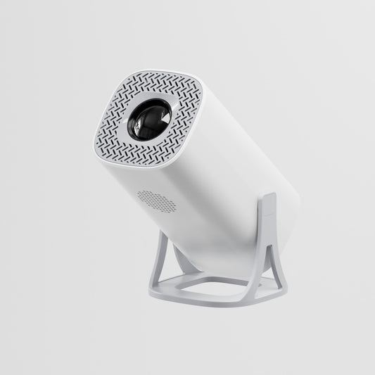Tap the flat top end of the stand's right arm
pyautogui.click(x=267, y=199)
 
